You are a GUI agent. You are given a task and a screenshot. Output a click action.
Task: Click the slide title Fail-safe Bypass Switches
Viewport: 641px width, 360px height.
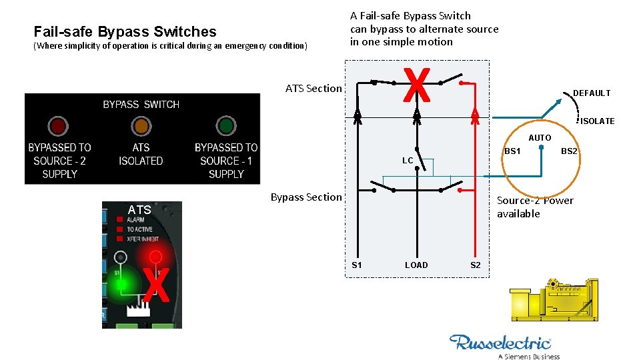[125, 31]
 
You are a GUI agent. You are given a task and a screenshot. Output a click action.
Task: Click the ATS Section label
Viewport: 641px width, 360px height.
[313, 88]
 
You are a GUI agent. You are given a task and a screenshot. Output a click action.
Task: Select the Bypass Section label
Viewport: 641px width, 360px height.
[305, 197]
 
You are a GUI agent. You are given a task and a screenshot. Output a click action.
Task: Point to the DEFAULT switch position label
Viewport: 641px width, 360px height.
[592, 93]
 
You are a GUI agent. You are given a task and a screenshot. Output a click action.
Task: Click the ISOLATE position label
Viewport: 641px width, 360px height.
[597, 121]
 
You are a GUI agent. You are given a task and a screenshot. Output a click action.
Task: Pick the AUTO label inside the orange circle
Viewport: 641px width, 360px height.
[540, 138]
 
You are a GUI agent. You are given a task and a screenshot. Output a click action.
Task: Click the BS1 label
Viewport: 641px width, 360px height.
[512, 151]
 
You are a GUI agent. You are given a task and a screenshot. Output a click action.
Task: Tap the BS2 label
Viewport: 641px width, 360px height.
[569, 151]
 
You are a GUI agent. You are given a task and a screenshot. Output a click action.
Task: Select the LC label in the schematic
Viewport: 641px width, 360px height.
[408, 161]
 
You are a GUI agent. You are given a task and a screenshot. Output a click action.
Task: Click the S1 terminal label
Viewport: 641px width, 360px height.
[357, 265]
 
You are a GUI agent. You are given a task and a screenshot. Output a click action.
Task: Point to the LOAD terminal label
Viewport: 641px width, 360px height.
[416, 265]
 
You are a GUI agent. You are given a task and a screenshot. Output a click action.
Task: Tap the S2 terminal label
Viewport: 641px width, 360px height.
[475, 265]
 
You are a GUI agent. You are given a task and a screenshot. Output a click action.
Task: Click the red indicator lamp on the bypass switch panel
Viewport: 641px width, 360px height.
[58, 125]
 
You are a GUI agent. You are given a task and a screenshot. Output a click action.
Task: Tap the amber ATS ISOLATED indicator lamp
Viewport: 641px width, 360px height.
[141, 125]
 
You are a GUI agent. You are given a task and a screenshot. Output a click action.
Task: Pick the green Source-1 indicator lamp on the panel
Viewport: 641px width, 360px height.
[226, 125]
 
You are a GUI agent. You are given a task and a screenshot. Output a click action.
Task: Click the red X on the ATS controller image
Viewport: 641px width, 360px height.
[155, 284]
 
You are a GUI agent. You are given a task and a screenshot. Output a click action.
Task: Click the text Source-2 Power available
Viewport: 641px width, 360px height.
[535, 207]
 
